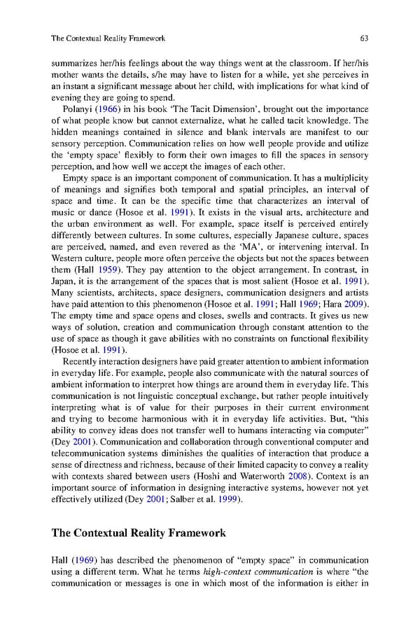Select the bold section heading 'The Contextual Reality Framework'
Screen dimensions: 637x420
click(x=139, y=533)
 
